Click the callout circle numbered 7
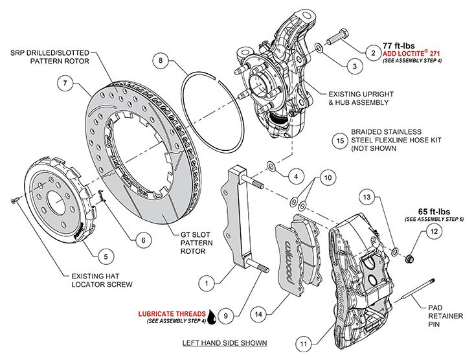(x=64, y=83)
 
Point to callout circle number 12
(x=435, y=231)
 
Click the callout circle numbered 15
(x=339, y=139)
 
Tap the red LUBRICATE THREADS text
(x=173, y=313)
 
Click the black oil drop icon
(x=215, y=317)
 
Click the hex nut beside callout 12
(x=409, y=260)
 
